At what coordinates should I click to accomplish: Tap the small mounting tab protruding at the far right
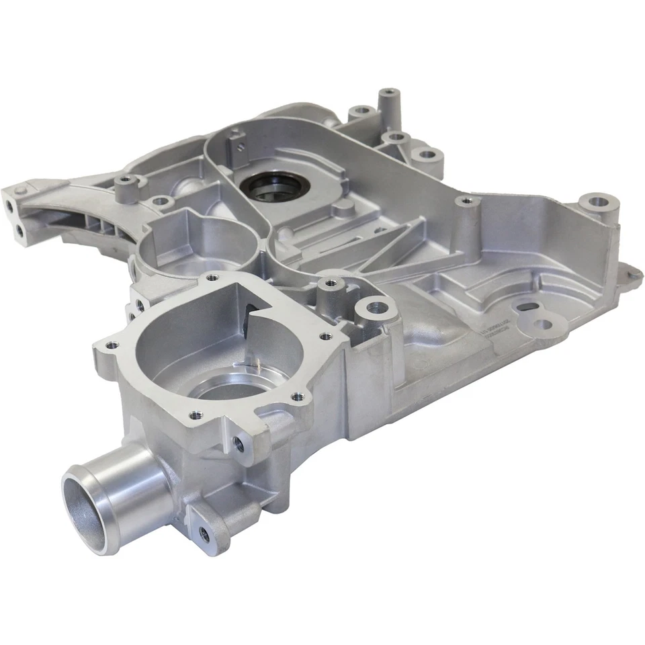tap(632, 273)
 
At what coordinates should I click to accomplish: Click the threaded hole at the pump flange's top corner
tap(212, 275)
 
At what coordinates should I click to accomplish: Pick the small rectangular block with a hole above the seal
tap(236, 142)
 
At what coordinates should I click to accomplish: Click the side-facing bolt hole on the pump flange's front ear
tap(239, 442)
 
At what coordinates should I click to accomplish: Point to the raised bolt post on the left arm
tap(124, 181)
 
